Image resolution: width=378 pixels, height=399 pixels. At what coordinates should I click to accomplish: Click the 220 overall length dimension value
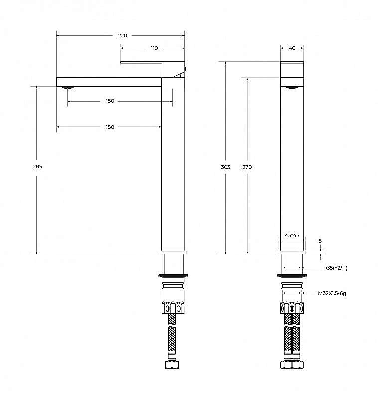coord(123,35)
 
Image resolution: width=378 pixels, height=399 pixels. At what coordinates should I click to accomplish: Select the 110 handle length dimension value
coord(154,48)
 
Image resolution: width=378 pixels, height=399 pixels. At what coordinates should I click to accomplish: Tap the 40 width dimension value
coord(292,48)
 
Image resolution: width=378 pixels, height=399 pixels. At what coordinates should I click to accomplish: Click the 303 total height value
coord(226,167)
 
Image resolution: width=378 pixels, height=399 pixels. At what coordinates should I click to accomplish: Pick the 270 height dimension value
coord(247,167)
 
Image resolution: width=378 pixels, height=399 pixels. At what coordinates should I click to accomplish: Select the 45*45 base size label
coord(292,236)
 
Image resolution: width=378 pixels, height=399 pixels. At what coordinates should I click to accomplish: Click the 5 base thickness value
coord(320,241)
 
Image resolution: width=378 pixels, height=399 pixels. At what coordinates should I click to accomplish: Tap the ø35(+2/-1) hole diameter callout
coord(336,268)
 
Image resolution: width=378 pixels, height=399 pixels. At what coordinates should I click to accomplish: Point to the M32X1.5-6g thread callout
coord(332,293)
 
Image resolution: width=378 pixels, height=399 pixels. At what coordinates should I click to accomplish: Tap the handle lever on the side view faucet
coord(152,64)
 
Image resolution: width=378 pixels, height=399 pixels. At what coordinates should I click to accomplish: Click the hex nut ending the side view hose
coord(172,365)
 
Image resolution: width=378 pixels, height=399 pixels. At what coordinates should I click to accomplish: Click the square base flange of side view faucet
coord(173,252)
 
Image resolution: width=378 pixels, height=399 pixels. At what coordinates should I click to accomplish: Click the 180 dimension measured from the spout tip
coord(110,127)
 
